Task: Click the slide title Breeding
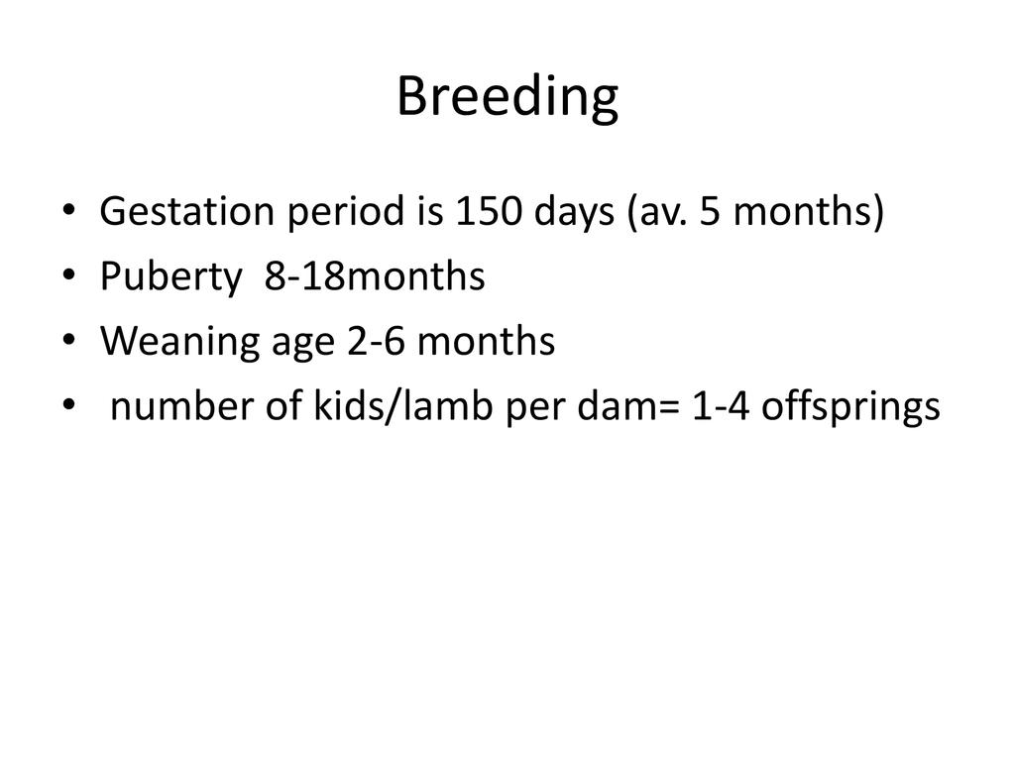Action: click(507, 97)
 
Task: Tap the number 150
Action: click(488, 212)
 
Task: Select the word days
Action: click(574, 213)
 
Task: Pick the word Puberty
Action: click(170, 277)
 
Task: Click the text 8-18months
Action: click(375, 276)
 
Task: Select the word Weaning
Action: click(179, 342)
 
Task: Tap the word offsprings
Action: click(850, 407)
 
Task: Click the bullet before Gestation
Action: click(69, 211)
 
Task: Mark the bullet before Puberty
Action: click(69, 275)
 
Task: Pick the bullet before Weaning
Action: click(69, 341)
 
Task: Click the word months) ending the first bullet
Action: click(809, 213)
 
